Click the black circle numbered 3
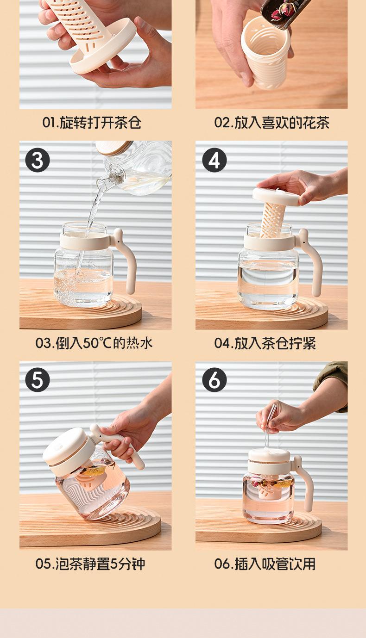click(x=38, y=160)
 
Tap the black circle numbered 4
click(x=214, y=160)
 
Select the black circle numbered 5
click(x=38, y=380)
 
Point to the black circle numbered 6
click(x=214, y=380)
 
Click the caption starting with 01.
click(x=92, y=123)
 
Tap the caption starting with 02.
click(x=271, y=123)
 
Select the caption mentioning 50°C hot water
click(x=94, y=343)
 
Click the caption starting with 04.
click(x=265, y=343)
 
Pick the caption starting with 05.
click(x=90, y=564)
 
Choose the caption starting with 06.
click(x=265, y=564)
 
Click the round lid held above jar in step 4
click(x=275, y=196)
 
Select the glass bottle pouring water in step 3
click(x=134, y=169)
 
